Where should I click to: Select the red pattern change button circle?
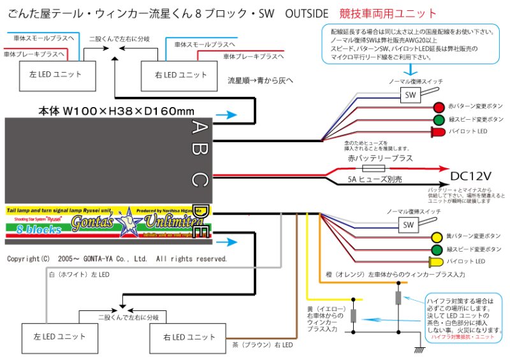tap(439, 107)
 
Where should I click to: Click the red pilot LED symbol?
tap(439, 132)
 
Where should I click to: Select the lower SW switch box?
tap(407, 224)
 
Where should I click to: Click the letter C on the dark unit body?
tap(199, 180)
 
